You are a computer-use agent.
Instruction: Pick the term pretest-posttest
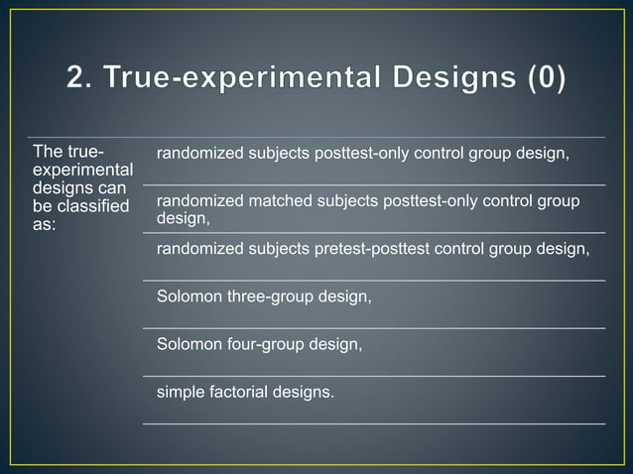click(x=368, y=248)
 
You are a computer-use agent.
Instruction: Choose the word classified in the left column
click(x=93, y=206)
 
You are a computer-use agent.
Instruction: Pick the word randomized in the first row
click(x=194, y=154)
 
